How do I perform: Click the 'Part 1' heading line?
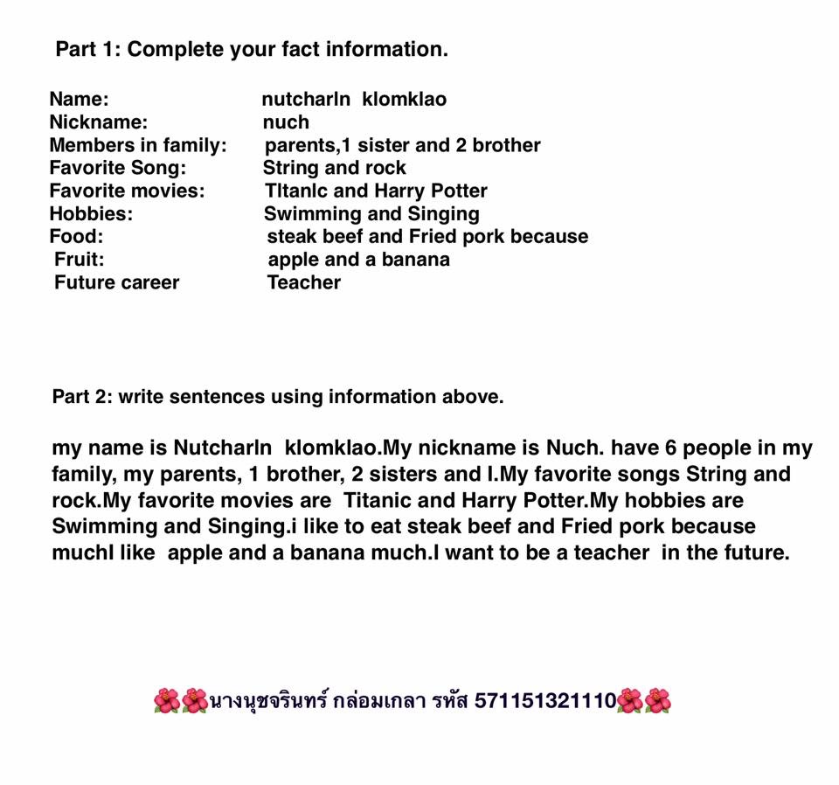tap(252, 49)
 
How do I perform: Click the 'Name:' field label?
tap(79, 100)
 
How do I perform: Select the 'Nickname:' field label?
tap(99, 122)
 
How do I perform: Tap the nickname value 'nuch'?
tap(286, 122)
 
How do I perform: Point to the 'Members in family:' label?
tap(138, 145)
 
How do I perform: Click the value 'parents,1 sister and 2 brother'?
tap(402, 145)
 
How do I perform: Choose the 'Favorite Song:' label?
tap(118, 168)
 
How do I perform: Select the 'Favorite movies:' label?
tap(127, 191)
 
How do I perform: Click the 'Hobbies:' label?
tap(91, 213)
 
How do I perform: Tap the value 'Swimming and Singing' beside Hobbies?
tap(371, 213)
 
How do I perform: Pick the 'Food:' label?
tap(76, 236)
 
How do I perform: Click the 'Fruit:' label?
tap(79, 259)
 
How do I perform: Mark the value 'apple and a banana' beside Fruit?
tap(358, 259)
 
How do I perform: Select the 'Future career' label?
tap(116, 282)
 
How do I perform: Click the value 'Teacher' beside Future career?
tap(304, 282)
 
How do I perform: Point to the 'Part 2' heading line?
tap(278, 397)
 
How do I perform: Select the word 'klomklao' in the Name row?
tap(404, 100)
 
